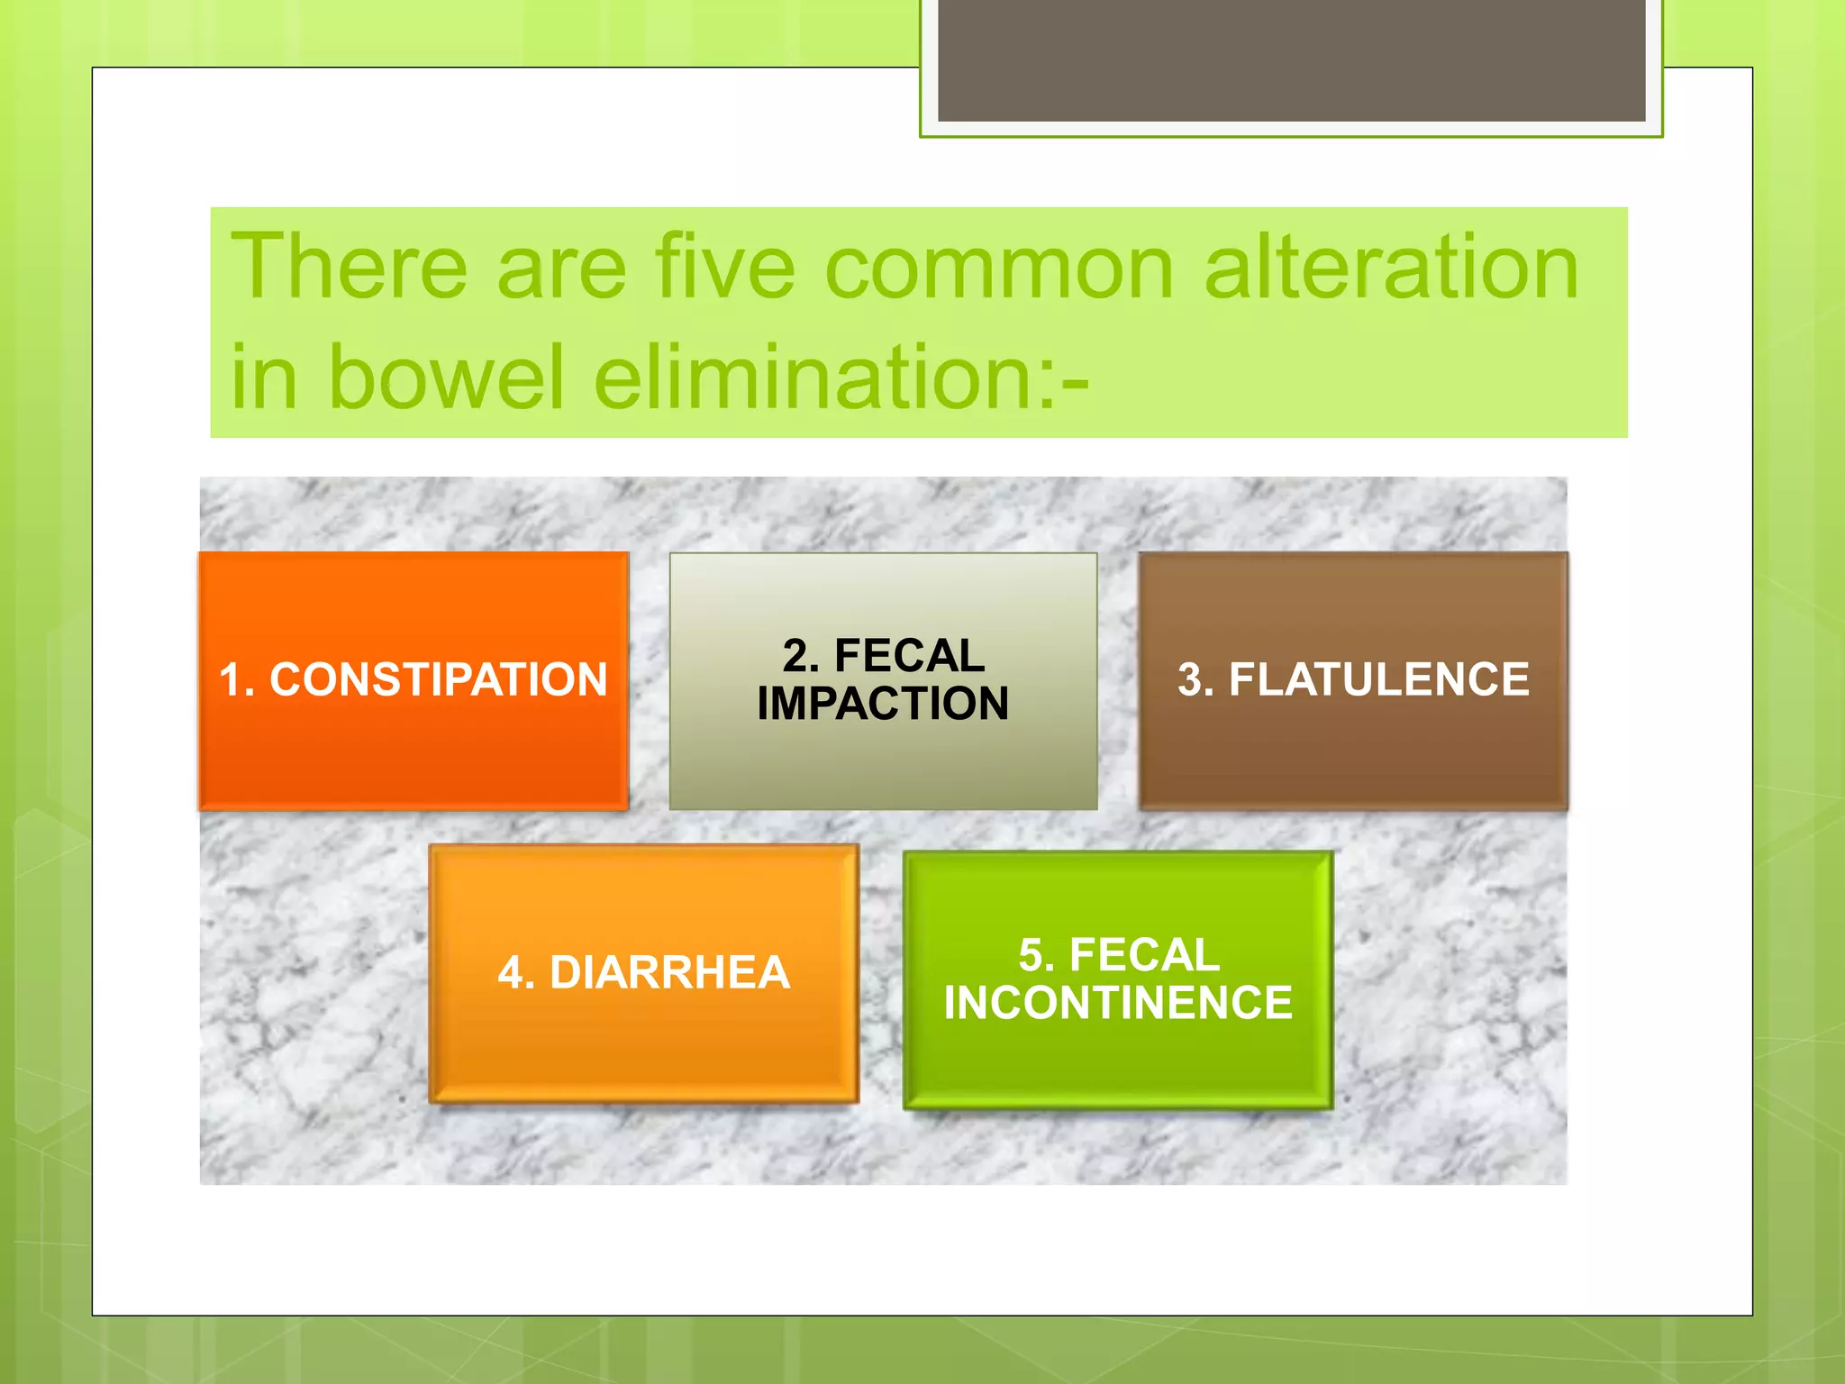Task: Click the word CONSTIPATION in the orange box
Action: (x=439, y=679)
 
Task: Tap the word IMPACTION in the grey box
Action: (x=883, y=704)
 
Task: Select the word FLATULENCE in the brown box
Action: (x=1378, y=679)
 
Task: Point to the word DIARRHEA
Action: (x=669, y=973)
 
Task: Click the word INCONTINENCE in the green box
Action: (x=1118, y=1003)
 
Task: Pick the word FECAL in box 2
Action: (x=909, y=655)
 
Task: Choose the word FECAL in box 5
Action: (x=1144, y=955)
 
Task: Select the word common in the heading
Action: (x=999, y=269)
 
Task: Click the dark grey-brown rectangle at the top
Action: (x=1291, y=59)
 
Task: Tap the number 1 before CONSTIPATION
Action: (x=232, y=680)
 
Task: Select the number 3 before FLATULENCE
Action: (x=1191, y=680)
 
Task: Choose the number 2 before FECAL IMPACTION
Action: (x=795, y=656)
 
